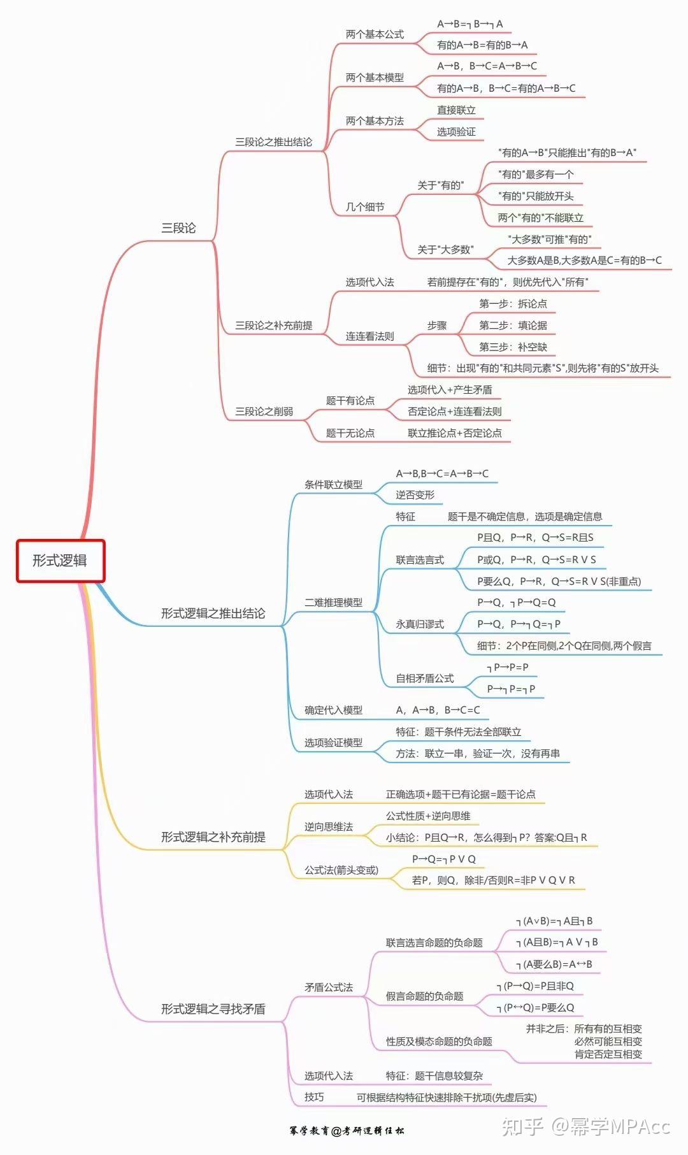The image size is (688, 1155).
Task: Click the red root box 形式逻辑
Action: pyautogui.click(x=61, y=561)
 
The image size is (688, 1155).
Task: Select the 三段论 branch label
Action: pyautogui.click(x=178, y=228)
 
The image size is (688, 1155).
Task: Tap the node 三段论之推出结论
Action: pyautogui.click(x=273, y=142)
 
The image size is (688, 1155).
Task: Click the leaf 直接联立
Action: pyautogui.click(x=456, y=110)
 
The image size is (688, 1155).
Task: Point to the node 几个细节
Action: pyautogui.click(x=365, y=207)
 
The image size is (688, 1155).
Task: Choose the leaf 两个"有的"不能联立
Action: pyautogui.click(x=540, y=218)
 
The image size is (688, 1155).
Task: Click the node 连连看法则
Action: pyautogui.click(x=369, y=336)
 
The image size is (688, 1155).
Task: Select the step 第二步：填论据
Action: pyautogui.click(x=513, y=326)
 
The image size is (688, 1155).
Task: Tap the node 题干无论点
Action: pyautogui.click(x=350, y=433)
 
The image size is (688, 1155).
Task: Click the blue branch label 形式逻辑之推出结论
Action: pyautogui.click(x=213, y=613)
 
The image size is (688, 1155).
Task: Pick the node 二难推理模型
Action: pyautogui.click(x=333, y=603)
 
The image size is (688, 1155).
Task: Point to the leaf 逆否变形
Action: pyautogui.click(x=415, y=495)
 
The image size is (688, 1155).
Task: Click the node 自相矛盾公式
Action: pyautogui.click(x=424, y=678)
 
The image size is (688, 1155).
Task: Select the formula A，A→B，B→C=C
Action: pyautogui.click(x=438, y=710)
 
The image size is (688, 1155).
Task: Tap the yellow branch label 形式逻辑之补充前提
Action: pyautogui.click(x=213, y=837)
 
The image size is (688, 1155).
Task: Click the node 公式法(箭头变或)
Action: pyautogui.click(x=341, y=870)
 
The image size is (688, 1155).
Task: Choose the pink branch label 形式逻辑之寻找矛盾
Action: pyautogui.click(x=213, y=1009)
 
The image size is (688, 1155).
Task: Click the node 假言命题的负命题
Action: pyautogui.click(x=424, y=996)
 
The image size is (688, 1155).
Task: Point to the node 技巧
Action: pyautogui.click(x=314, y=1097)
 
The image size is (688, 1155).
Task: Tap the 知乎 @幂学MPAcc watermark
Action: pyautogui.click(x=586, y=1127)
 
